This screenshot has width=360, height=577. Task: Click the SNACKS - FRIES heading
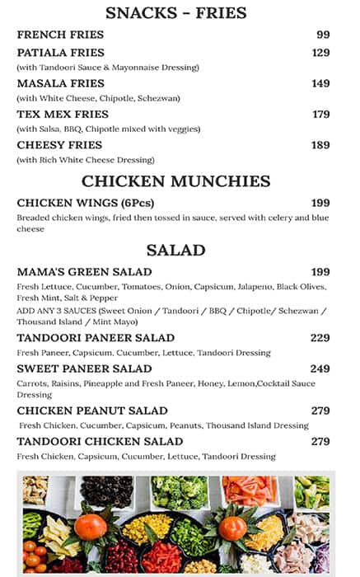coord(175,12)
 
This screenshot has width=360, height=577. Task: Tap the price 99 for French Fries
coord(323,35)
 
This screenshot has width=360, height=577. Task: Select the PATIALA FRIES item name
coord(60,53)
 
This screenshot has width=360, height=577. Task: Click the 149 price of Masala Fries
coord(320,83)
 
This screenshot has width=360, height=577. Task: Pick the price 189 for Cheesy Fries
coord(320,145)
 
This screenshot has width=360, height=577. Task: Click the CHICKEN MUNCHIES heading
coord(175,181)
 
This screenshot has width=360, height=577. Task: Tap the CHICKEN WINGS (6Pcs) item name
coord(85,203)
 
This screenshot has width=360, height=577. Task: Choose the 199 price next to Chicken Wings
coord(320,203)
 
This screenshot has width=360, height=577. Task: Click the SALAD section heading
coord(175,250)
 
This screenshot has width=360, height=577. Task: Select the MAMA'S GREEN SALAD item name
coord(84,272)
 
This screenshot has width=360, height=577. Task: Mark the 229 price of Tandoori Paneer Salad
coord(320,338)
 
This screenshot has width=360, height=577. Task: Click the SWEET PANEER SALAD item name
coord(84,368)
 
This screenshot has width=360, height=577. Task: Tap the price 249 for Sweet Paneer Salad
coord(320,368)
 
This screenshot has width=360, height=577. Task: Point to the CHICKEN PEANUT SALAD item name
coord(92,410)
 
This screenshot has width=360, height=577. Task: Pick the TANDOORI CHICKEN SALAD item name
coord(100,442)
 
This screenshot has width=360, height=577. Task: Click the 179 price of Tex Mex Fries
coord(320,114)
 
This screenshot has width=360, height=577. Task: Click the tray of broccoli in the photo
coord(179,491)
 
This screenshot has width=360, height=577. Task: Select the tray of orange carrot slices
coord(250,490)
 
